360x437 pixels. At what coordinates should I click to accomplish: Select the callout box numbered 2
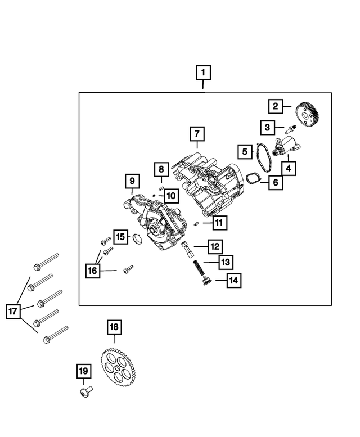click(x=276, y=106)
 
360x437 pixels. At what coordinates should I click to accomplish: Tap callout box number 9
click(x=132, y=181)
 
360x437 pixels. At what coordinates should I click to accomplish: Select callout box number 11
click(x=219, y=223)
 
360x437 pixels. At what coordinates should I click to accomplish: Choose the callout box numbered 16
click(x=92, y=271)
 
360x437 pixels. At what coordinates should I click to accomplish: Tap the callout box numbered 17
click(x=13, y=310)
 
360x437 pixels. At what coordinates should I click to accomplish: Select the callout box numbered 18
click(x=114, y=327)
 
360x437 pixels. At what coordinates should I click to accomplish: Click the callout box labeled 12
click(x=215, y=246)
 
